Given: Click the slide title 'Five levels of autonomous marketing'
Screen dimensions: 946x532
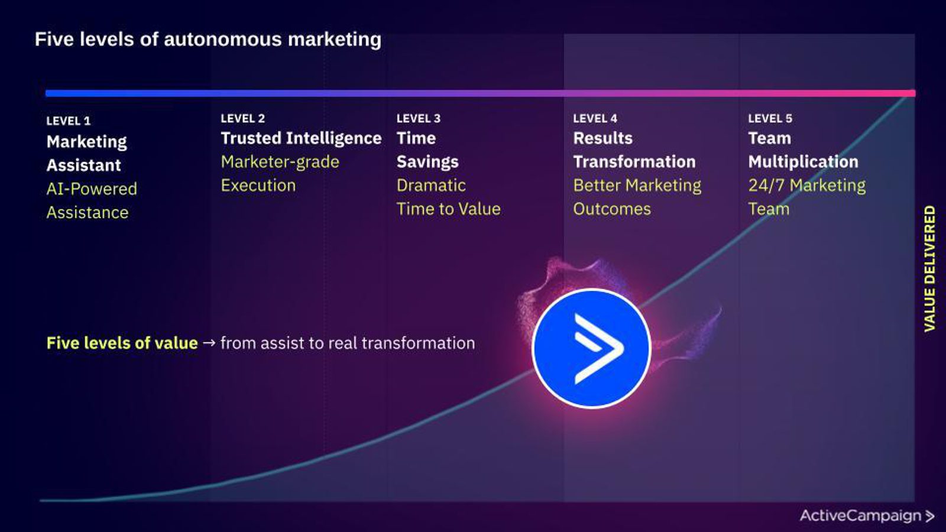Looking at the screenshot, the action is (x=208, y=40).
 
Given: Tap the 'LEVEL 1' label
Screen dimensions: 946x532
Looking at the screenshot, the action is (x=69, y=121).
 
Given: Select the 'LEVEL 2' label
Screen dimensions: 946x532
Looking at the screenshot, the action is (x=243, y=119).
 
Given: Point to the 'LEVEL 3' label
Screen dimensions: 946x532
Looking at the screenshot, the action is (x=419, y=119).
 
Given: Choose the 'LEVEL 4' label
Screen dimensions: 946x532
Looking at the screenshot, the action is (x=595, y=119).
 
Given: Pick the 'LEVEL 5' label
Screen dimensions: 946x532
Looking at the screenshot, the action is (x=770, y=119).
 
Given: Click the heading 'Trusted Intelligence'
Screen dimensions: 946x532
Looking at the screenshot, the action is (x=301, y=139).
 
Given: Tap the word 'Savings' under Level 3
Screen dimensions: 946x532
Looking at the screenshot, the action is (x=427, y=162).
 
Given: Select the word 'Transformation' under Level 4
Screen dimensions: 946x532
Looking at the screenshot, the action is (x=634, y=162).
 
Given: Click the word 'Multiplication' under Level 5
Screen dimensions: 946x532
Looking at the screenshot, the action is (x=804, y=162).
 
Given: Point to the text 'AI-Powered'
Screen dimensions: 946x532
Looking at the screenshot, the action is (x=92, y=189).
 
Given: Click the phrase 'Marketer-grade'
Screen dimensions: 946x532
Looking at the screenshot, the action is (x=280, y=162).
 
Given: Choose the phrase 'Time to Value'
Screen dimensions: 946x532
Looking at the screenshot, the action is (x=449, y=209).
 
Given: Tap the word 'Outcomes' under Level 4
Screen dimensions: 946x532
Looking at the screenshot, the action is (x=612, y=209).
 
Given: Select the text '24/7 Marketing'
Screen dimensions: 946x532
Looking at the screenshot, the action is (x=807, y=186).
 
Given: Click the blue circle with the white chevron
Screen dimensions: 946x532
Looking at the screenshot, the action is (x=591, y=348).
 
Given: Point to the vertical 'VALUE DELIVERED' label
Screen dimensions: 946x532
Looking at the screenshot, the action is (x=929, y=269).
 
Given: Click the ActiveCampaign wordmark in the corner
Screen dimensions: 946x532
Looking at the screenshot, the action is (x=867, y=516).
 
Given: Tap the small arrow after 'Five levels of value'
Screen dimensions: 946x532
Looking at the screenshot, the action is (x=209, y=343).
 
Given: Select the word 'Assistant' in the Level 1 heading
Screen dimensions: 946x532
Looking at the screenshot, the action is (x=83, y=165).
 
